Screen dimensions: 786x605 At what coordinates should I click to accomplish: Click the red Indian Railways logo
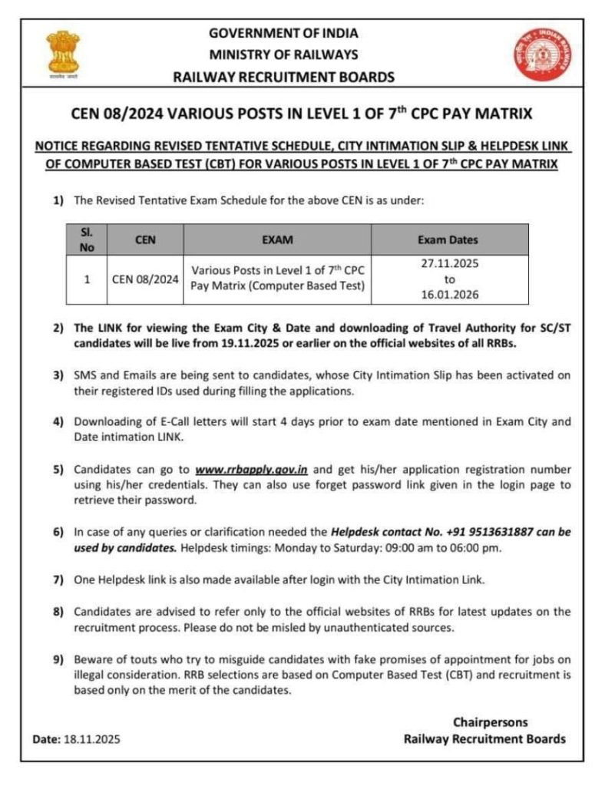click(x=544, y=54)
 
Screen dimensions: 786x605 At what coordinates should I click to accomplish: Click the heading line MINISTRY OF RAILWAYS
click(x=283, y=54)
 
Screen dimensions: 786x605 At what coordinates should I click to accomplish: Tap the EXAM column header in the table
click(x=277, y=239)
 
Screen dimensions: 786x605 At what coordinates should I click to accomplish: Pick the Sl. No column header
click(x=87, y=239)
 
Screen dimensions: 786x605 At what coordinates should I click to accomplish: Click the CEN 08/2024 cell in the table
click(x=145, y=279)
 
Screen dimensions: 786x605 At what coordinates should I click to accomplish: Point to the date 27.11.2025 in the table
click(x=450, y=263)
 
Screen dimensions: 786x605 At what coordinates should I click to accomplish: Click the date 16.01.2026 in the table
click(x=450, y=294)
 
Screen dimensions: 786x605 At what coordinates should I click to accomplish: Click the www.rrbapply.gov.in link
click(x=251, y=469)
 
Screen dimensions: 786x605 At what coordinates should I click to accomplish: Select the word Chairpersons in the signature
click(x=490, y=722)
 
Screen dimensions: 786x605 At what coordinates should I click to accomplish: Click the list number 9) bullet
click(x=58, y=659)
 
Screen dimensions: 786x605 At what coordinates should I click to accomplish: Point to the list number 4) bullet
click(x=58, y=422)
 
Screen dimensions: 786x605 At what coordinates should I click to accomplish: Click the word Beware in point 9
click(x=92, y=659)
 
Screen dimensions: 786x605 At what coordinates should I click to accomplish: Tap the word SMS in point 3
click(x=85, y=375)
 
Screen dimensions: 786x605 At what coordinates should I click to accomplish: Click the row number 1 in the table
click(x=87, y=279)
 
